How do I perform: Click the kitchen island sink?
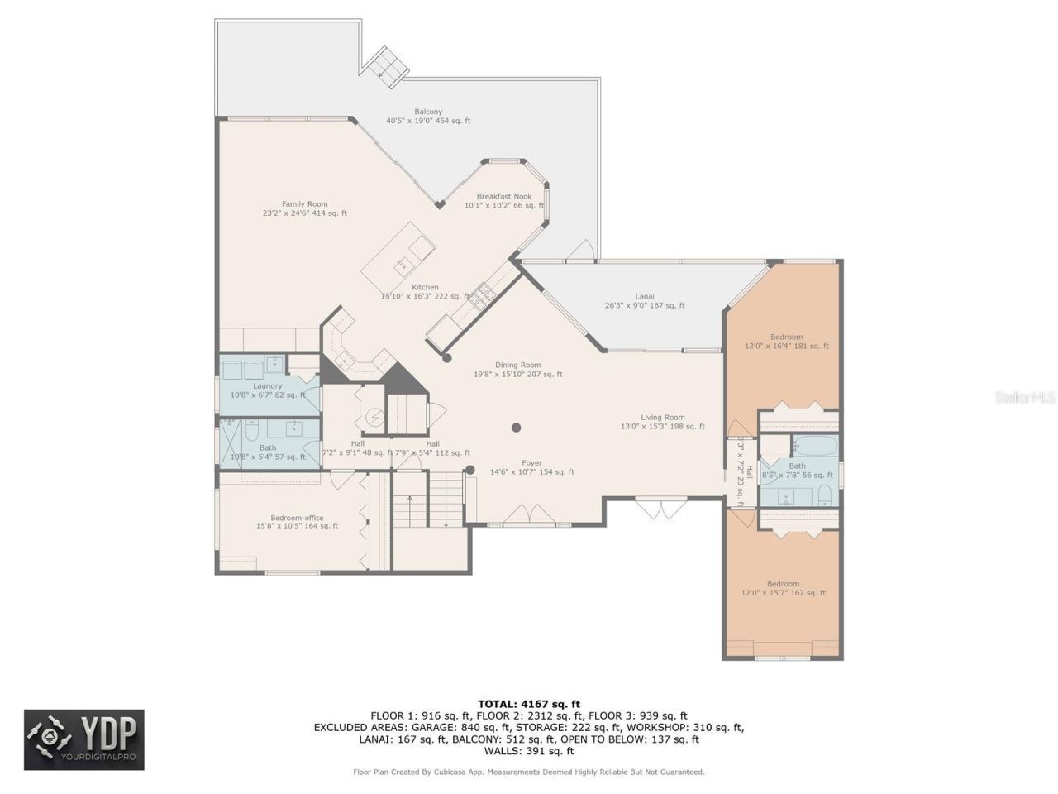403,264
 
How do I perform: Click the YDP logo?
84,739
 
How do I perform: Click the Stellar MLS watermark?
1024,398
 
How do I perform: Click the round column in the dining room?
516,428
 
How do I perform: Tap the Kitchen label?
426,288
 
